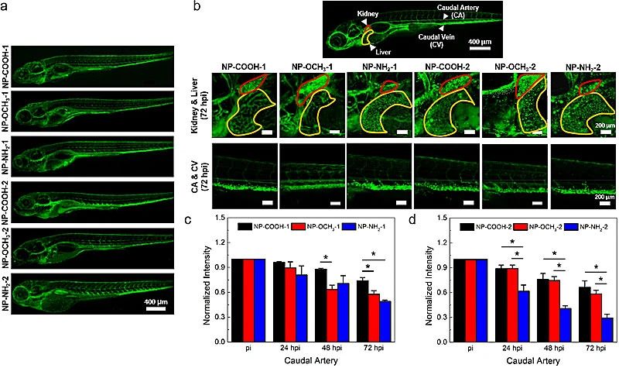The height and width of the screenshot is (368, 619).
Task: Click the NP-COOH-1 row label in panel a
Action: click(x=6, y=66)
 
